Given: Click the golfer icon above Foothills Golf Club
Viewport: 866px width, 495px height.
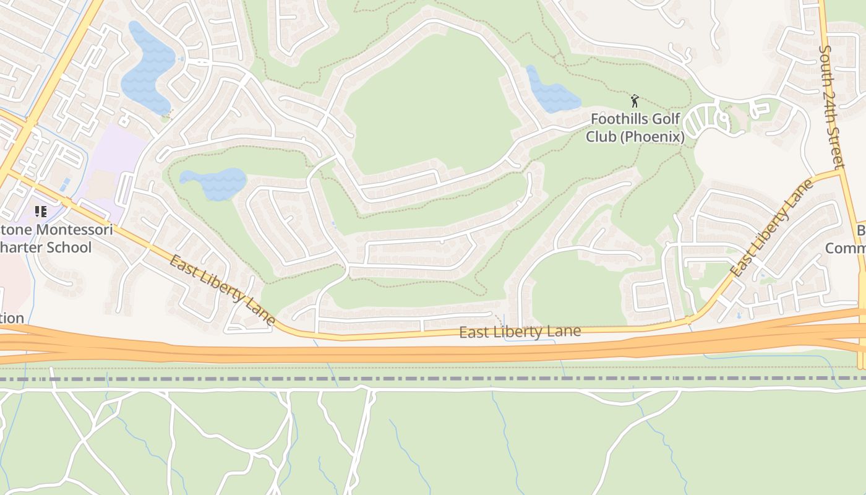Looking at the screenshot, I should [634, 100].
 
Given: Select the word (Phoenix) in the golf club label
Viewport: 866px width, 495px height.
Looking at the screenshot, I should [653, 136].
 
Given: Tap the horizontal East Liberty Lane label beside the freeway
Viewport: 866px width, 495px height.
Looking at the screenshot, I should [520, 332].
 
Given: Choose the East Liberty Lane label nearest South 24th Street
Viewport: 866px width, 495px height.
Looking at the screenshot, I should [770, 228].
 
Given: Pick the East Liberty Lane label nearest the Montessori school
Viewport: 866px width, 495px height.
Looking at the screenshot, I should [221, 290].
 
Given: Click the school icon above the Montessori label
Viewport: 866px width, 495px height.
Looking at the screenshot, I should [41, 212].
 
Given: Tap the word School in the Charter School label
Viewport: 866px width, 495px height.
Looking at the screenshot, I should [70, 247].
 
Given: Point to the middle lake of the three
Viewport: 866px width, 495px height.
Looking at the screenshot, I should [214, 184].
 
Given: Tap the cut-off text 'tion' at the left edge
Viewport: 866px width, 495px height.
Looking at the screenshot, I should [12, 318].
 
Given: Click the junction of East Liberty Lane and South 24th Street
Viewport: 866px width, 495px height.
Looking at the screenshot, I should [841, 172].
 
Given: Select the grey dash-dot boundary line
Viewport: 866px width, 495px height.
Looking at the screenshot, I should [433, 378].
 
